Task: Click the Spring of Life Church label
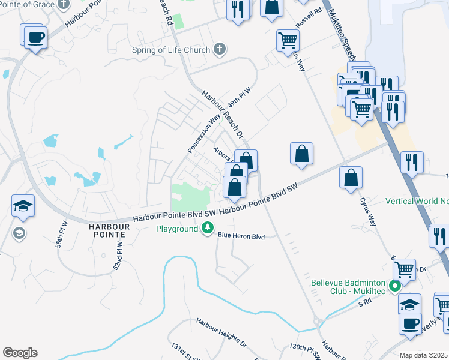171,50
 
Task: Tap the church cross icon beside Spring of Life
220,50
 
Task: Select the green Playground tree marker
208,228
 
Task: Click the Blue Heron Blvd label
241,236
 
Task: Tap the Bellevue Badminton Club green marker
394,286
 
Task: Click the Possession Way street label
200,134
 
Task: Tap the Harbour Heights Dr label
221,333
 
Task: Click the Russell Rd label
310,13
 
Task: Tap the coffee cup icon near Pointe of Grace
35,37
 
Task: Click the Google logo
20,353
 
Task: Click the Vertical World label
417,201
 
